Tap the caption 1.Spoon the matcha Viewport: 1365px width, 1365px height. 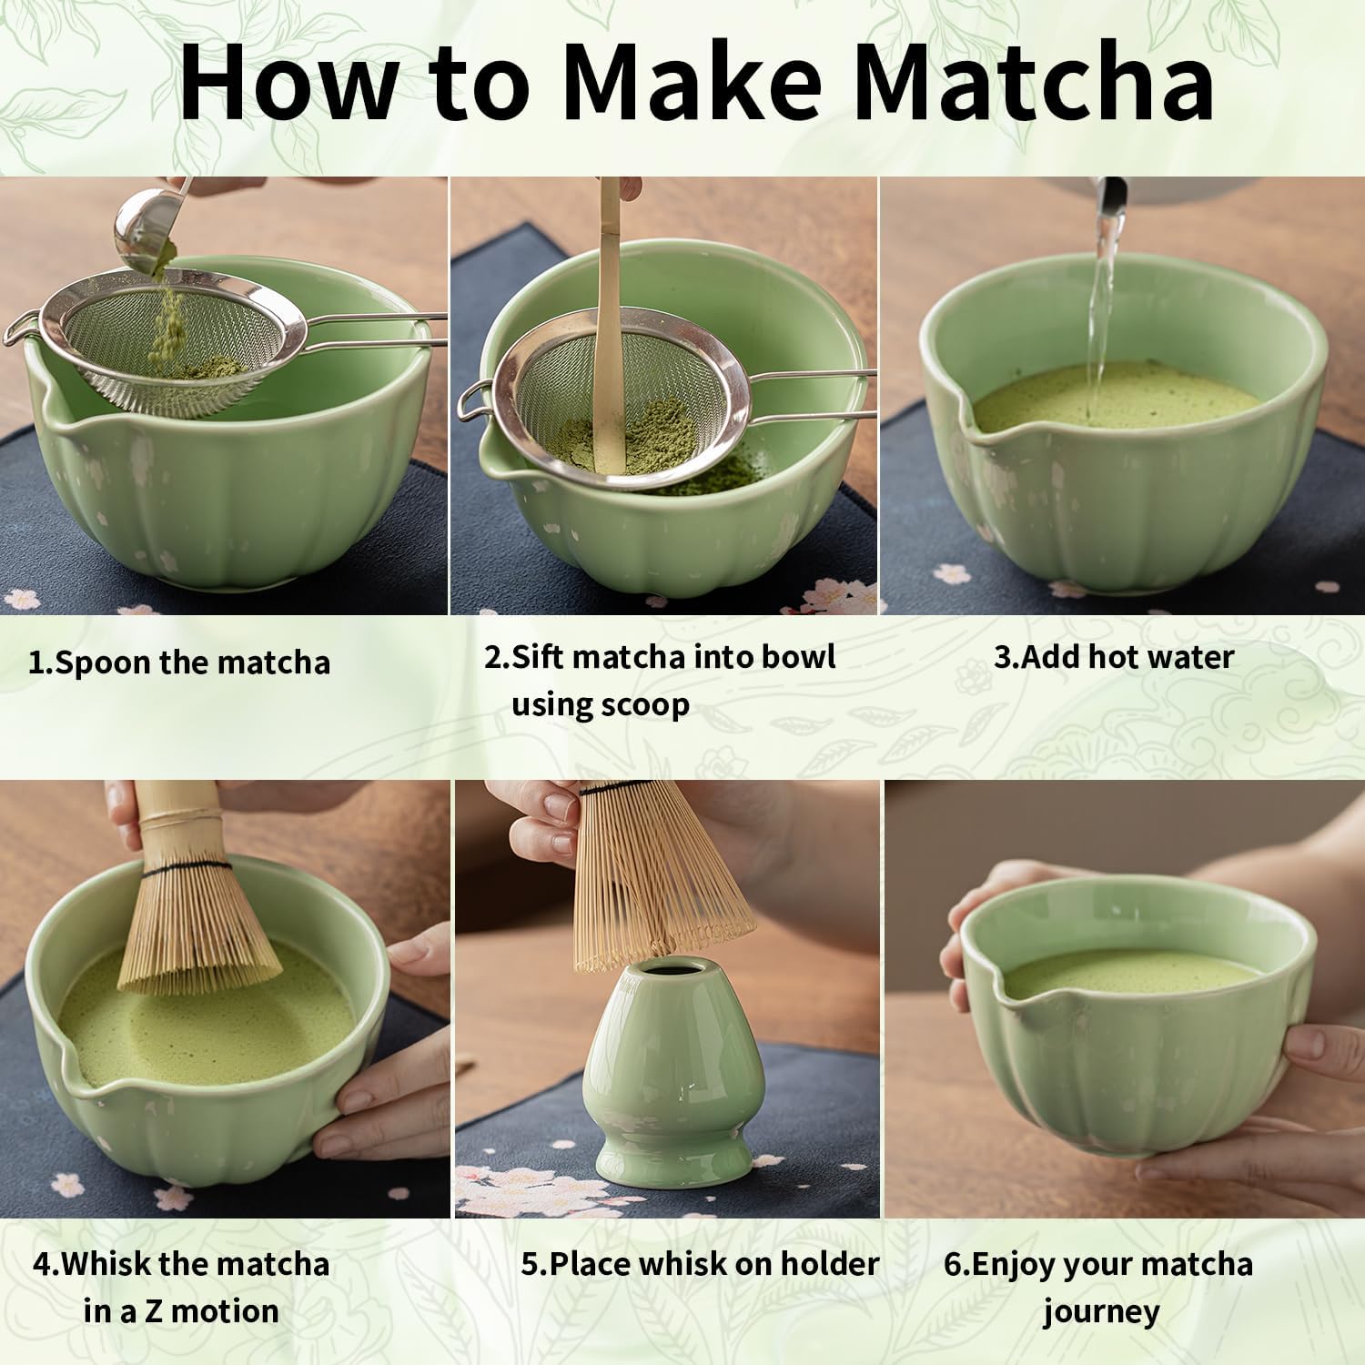(179, 662)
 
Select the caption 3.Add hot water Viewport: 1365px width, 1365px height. (1113, 656)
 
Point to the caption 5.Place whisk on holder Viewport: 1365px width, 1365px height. (700, 1263)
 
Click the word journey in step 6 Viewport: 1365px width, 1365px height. (1101, 1311)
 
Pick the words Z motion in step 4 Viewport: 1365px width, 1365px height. (226, 1311)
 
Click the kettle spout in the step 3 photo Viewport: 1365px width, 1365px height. (1112, 196)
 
